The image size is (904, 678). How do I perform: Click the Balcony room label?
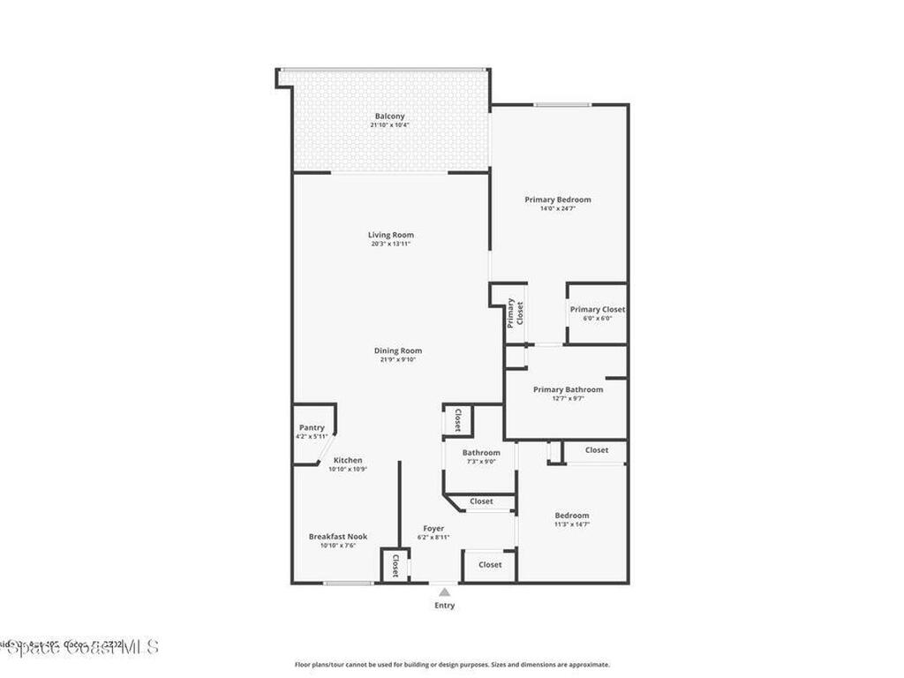pyautogui.click(x=389, y=117)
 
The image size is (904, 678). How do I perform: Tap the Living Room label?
pyautogui.click(x=390, y=235)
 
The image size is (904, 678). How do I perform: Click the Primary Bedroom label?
pyautogui.click(x=558, y=200)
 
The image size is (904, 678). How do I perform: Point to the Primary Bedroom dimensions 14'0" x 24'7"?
pyautogui.click(x=558, y=209)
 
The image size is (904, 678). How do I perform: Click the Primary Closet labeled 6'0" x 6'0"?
pyautogui.click(x=597, y=310)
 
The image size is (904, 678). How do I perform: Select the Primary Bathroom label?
pyautogui.click(x=568, y=389)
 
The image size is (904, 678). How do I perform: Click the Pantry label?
pyautogui.click(x=312, y=428)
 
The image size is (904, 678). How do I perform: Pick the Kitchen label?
pyautogui.click(x=347, y=461)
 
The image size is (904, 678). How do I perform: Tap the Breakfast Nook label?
pyautogui.click(x=337, y=537)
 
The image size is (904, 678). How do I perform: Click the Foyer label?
pyautogui.click(x=433, y=529)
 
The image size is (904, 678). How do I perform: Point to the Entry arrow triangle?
pyautogui.click(x=444, y=592)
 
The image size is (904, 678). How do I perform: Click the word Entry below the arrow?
pyautogui.click(x=444, y=606)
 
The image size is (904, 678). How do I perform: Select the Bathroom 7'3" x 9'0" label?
pyautogui.click(x=480, y=454)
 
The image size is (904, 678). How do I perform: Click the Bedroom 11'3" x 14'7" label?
pyautogui.click(x=571, y=516)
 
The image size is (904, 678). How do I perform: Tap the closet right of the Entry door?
pyautogui.click(x=489, y=565)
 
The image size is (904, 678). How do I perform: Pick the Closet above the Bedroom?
pyautogui.click(x=597, y=450)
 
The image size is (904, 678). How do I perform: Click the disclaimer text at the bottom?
pyautogui.click(x=451, y=665)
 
